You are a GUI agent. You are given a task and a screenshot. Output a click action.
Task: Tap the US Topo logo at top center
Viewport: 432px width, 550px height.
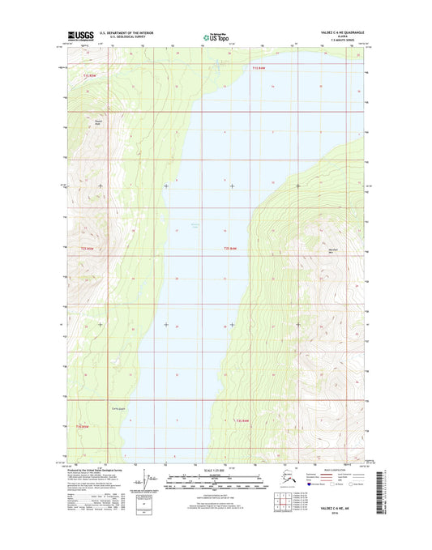pyautogui.click(x=215, y=36)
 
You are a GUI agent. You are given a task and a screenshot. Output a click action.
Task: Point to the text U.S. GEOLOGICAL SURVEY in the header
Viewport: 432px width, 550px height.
pyautogui.click(x=124, y=37)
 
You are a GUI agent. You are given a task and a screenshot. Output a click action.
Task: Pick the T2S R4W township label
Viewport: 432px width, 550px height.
pyautogui.click(x=231, y=248)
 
